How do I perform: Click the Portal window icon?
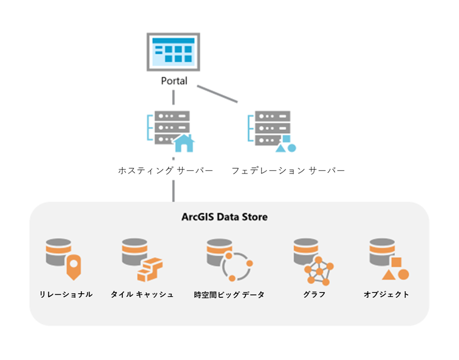(173, 52)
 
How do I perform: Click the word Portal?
(174, 81)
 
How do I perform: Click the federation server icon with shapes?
(271, 130)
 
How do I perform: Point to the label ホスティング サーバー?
(166, 170)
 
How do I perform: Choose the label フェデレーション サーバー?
(288, 170)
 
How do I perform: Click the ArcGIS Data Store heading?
(225, 217)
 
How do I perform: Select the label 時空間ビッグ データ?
(228, 295)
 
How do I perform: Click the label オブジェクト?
(386, 295)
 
